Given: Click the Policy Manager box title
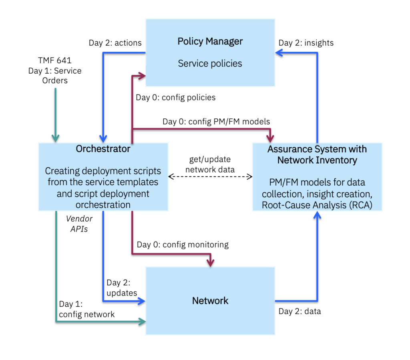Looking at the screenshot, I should coord(210,41).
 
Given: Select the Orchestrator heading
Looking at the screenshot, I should coord(103,149).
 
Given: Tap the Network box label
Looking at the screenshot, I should coord(210,301).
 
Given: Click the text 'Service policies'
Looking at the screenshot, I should coord(210,63).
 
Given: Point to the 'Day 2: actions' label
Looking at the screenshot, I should coord(115,43).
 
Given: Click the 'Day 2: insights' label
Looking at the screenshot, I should coord(306,43).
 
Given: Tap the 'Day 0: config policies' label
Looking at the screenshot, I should coord(175,97).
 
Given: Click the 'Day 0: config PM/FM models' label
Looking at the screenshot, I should coord(216,121).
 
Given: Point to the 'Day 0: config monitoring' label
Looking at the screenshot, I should coord(183,244).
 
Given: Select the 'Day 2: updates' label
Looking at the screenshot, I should coord(121,288).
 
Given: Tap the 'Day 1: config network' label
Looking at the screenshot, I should coord(86,309).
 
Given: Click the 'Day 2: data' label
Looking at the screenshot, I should coord(299,311).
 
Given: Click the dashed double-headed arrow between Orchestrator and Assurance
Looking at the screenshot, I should coord(210,176).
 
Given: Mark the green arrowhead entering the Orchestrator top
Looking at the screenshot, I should coord(55,138).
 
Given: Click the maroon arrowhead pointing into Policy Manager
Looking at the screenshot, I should coord(141,75).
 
